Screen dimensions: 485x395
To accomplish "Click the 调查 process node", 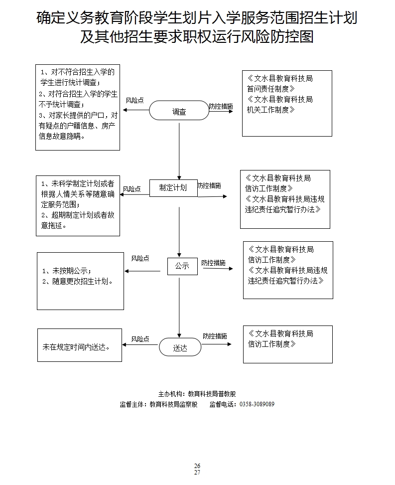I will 179,111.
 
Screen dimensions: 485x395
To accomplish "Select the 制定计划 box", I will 173,187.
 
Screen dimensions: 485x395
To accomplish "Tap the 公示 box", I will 182,266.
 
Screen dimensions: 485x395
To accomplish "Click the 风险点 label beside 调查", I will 134,100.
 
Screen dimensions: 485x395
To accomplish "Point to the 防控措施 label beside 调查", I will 221,106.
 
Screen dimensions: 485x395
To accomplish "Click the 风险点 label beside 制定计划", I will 132,189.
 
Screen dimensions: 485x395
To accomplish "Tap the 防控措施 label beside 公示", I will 213,263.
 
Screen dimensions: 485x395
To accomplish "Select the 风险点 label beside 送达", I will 140,339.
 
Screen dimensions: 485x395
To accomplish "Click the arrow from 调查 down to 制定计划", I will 179,150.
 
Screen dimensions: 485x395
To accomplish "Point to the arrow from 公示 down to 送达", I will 179,307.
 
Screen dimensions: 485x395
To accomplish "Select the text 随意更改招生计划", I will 78,281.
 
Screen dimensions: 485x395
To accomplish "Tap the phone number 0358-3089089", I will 257,404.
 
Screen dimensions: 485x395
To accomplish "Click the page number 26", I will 197,466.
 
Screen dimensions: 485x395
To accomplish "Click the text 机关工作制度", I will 268,110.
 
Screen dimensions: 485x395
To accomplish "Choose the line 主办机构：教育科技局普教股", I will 197,393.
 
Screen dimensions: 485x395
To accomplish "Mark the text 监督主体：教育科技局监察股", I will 159,404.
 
